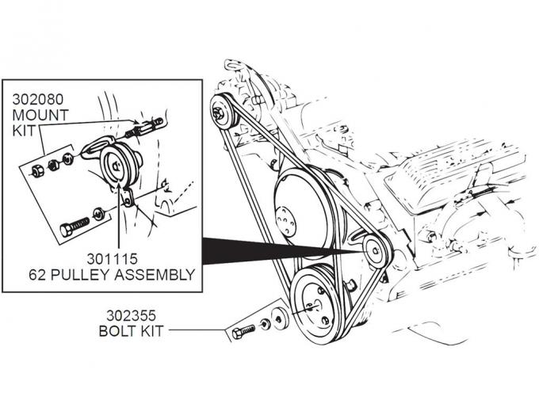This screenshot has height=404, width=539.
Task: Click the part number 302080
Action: click(x=36, y=101)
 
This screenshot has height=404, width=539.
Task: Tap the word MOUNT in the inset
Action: click(x=40, y=115)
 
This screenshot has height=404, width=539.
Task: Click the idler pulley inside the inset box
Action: click(x=115, y=164)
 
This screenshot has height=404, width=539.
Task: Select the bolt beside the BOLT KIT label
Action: click(x=245, y=330)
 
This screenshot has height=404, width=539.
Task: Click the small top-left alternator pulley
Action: click(x=225, y=112)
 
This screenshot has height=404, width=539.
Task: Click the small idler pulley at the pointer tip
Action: click(x=373, y=252)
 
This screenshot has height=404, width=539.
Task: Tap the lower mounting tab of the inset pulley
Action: click(x=127, y=197)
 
